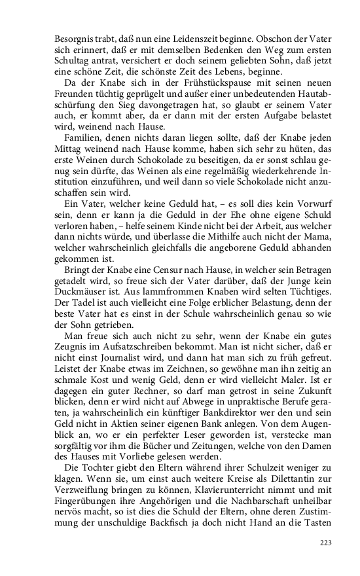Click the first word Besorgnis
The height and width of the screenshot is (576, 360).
coord(73,39)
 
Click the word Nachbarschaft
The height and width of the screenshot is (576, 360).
coord(215,517)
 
